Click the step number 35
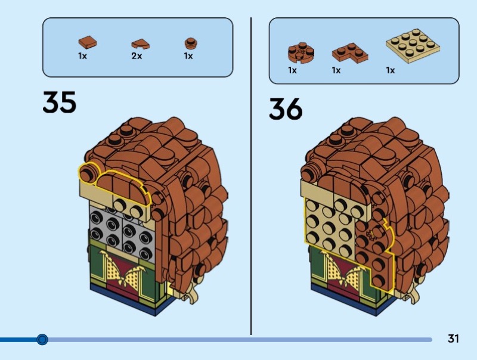point(60,102)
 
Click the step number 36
point(286,108)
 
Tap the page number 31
point(453,339)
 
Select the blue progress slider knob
point(42,340)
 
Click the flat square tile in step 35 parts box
point(87,42)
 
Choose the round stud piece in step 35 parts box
point(189,42)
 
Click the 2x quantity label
point(137,57)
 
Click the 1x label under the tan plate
point(391,70)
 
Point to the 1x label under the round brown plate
point(293,70)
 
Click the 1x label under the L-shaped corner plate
point(336,70)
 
